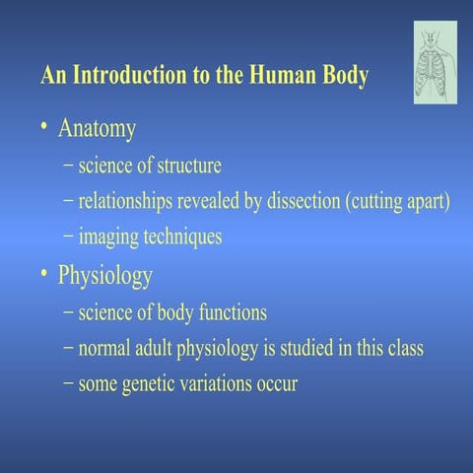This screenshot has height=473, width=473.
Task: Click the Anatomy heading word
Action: (97, 128)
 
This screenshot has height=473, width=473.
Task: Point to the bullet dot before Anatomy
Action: (44, 129)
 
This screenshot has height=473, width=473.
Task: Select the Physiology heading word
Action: (105, 276)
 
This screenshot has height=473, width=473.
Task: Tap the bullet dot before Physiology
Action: (44, 276)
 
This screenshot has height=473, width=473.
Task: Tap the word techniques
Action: (186, 237)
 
